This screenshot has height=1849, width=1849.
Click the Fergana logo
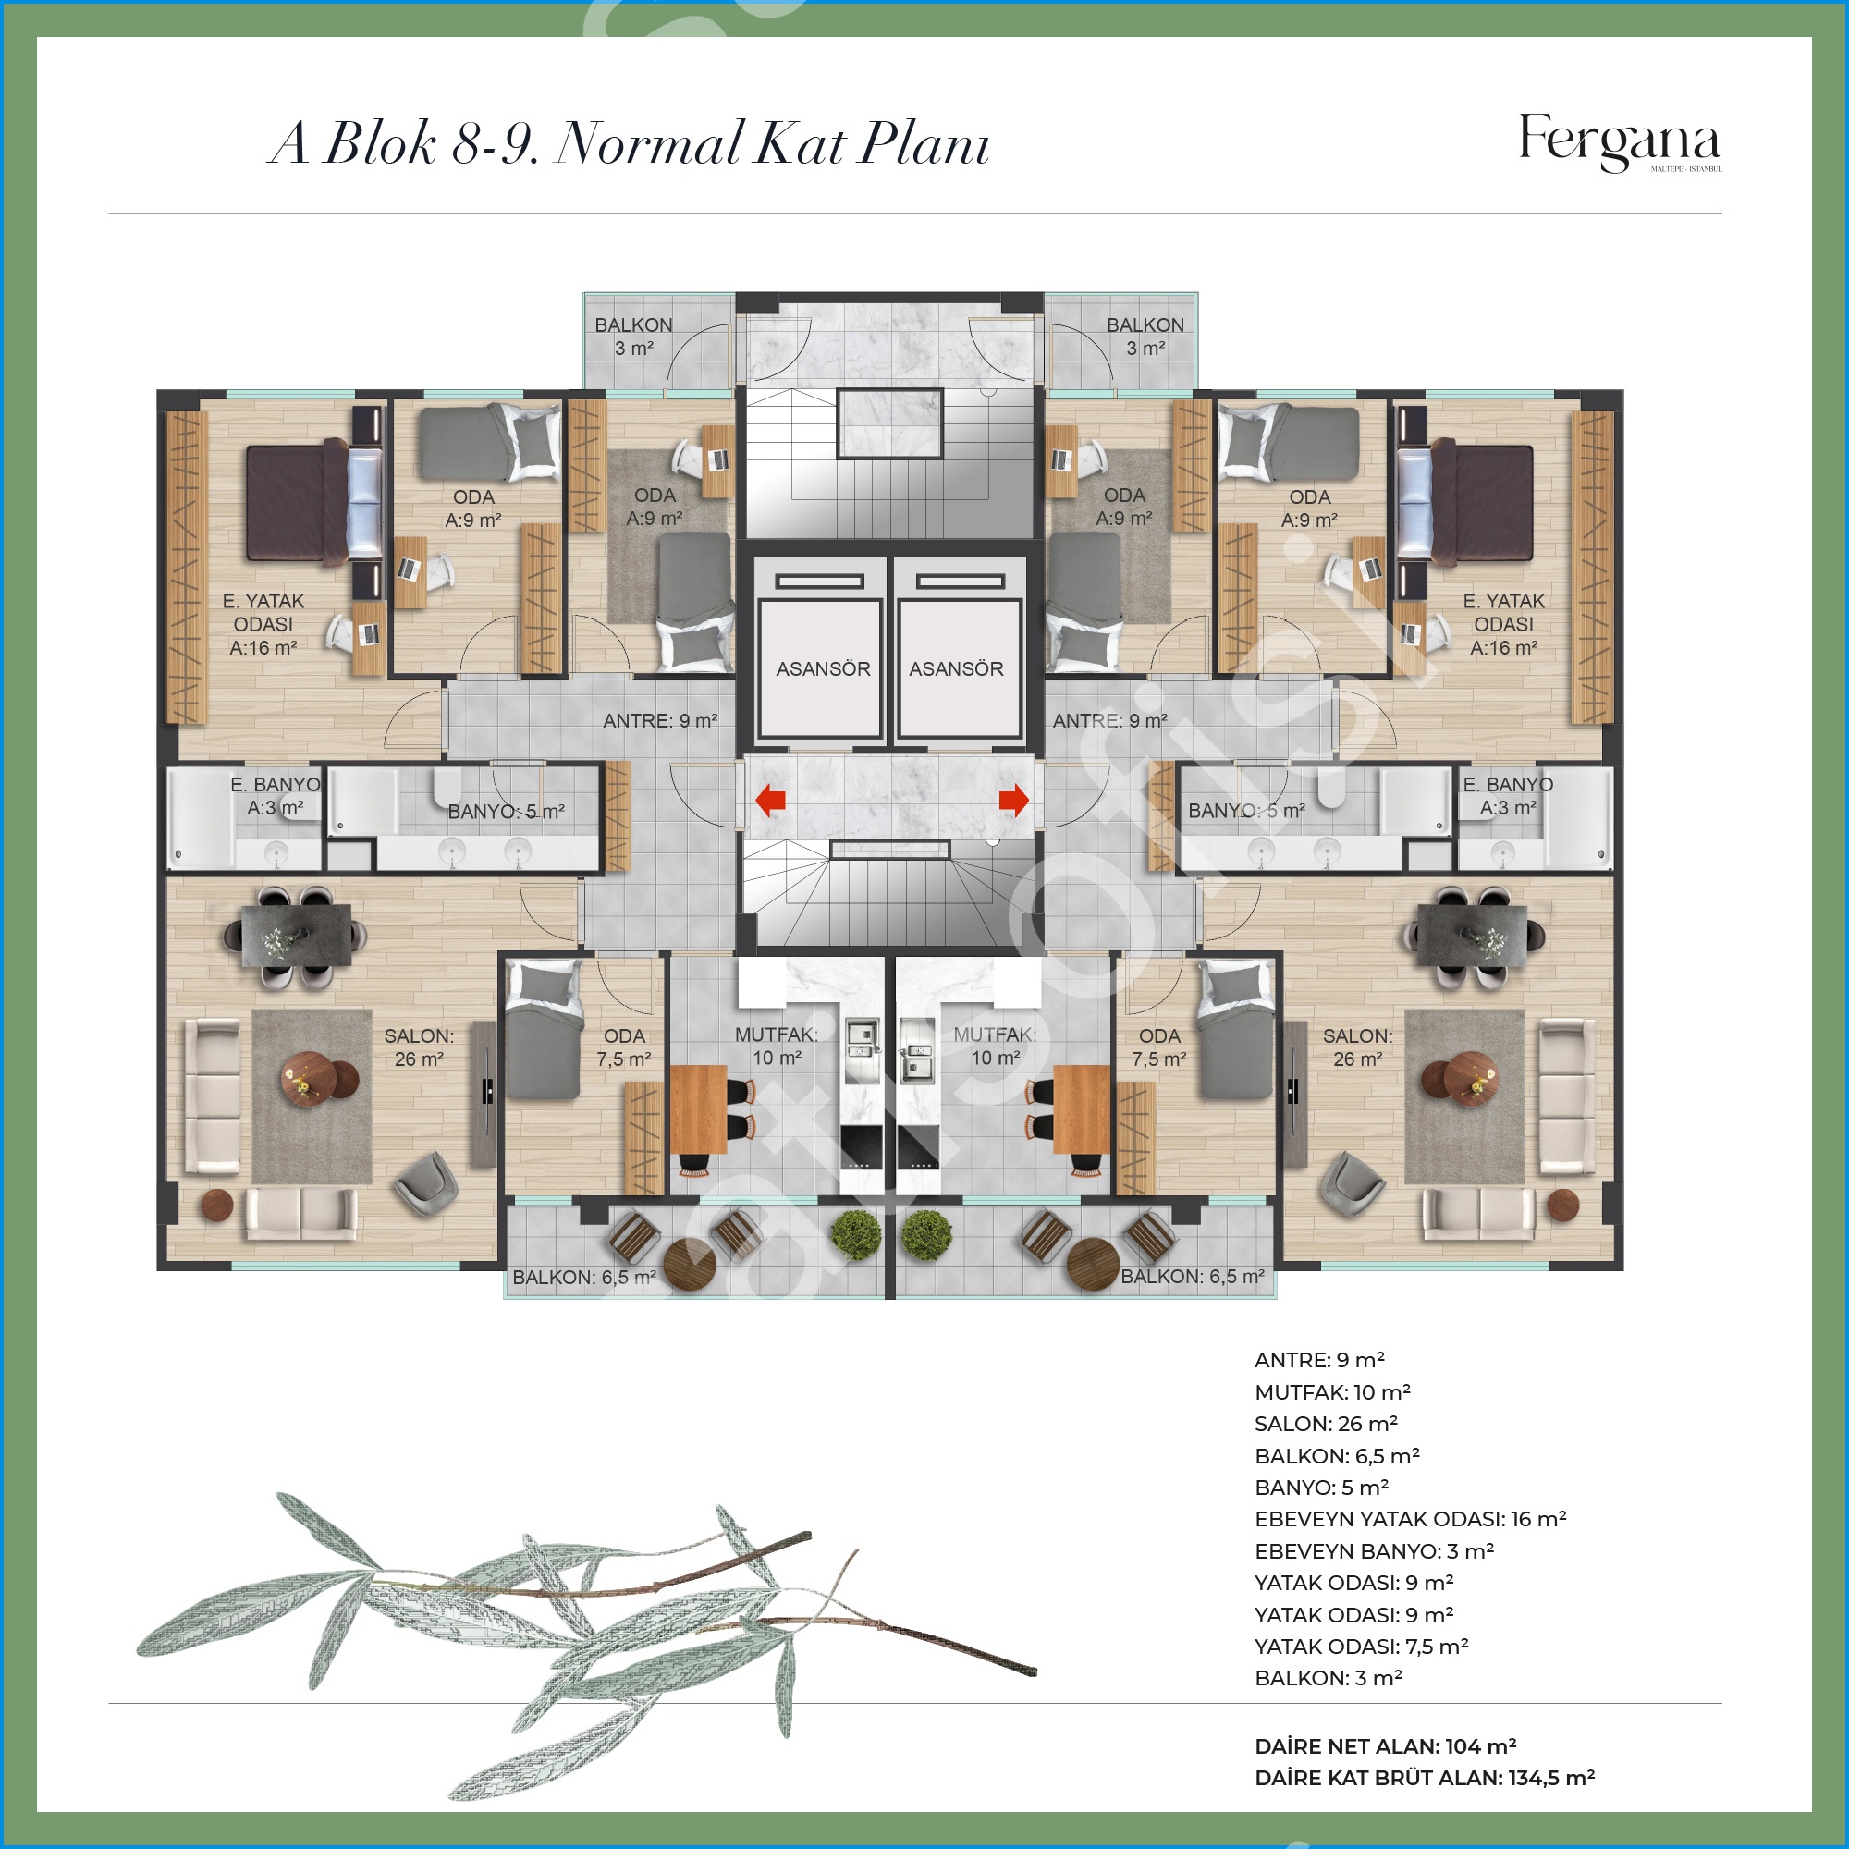click(1620, 142)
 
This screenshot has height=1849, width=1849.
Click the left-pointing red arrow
click(770, 800)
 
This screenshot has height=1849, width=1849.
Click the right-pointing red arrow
click(1013, 800)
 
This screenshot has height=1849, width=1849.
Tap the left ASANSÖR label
click(823, 669)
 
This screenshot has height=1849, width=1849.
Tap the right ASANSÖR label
click(956, 669)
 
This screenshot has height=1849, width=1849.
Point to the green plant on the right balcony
click(926, 1235)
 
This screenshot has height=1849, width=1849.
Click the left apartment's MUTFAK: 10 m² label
click(777, 1046)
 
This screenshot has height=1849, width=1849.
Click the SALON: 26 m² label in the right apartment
click(1357, 1047)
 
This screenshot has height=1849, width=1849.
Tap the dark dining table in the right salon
click(1471, 935)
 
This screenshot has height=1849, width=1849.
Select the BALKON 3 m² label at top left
click(633, 336)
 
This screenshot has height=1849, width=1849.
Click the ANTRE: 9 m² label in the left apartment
click(660, 721)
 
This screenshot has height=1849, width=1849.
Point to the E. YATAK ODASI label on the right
click(1503, 624)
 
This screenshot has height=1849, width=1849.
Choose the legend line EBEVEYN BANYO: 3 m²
click(1375, 1550)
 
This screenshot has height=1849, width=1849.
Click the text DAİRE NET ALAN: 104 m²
click(1385, 1746)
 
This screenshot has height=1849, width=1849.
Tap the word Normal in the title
click(648, 143)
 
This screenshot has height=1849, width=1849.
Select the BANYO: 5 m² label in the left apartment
click(507, 812)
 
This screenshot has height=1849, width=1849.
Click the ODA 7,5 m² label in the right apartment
click(1159, 1047)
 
